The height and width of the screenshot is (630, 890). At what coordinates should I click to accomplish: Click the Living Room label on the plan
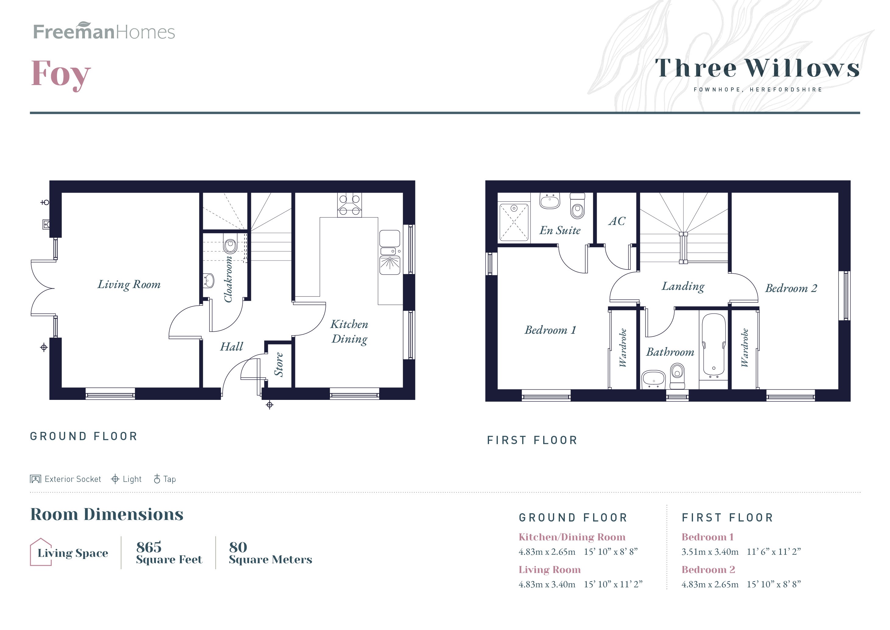[129, 285]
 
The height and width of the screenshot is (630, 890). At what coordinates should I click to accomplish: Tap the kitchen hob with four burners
[349, 205]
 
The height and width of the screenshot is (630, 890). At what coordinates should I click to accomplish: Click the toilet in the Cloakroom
[230, 245]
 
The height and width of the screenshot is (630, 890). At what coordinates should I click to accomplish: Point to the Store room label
[279, 365]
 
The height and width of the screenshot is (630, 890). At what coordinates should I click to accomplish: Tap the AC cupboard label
[617, 221]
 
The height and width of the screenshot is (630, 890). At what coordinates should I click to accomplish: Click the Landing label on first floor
[683, 286]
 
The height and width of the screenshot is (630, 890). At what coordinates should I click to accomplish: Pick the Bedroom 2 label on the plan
[791, 288]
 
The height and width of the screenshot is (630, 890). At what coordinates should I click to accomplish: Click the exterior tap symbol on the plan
[45, 202]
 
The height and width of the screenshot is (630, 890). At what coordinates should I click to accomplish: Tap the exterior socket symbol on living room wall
[46, 224]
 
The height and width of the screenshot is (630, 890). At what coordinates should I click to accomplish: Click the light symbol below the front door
[270, 405]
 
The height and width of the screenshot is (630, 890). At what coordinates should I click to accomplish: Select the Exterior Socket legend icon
[35, 479]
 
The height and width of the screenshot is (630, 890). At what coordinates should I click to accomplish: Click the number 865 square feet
[149, 547]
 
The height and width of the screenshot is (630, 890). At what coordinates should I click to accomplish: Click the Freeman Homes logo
[104, 31]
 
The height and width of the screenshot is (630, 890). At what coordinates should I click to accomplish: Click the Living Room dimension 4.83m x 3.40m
[547, 584]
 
